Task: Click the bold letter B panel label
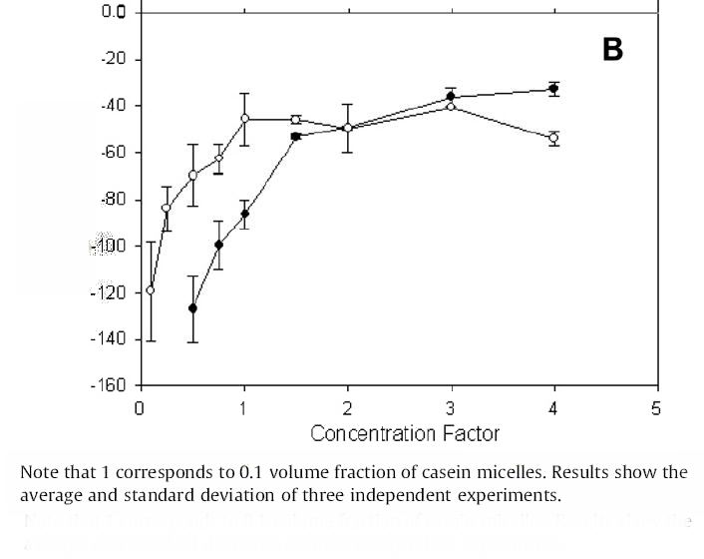click(x=612, y=50)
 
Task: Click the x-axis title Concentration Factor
click(x=404, y=433)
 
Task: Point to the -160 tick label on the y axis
click(x=112, y=386)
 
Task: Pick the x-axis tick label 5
click(x=656, y=408)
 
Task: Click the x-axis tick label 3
click(x=451, y=408)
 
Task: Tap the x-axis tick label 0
click(x=141, y=408)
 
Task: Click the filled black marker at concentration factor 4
click(x=553, y=89)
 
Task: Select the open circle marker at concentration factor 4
click(x=553, y=138)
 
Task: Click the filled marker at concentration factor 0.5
click(x=192, y=308)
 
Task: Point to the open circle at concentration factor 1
click(x=244, y=119)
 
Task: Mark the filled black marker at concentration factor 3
click(x=451, y=97)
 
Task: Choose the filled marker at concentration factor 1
click(x=244, y=214)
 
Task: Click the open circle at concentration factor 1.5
click(x=295, y=120)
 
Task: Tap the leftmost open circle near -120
click(x=151, y=290)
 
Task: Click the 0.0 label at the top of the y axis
click(x=114, y=12)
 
